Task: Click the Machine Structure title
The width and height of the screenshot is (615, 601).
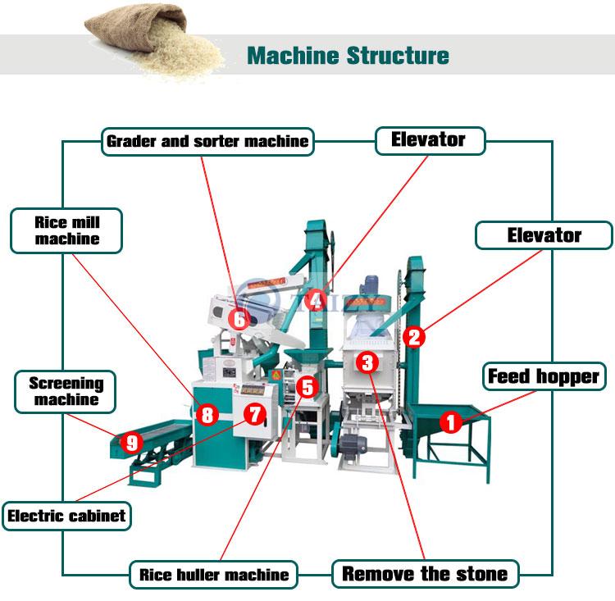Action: pos(348,56)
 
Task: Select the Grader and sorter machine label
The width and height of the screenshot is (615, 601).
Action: pos(207,141)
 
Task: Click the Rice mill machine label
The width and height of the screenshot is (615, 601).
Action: pos(67,230)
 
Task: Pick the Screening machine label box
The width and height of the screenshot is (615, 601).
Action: pos(66,391)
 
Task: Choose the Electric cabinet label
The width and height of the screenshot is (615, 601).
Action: pos(66,516)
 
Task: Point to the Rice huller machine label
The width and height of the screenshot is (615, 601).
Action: pos(213,574)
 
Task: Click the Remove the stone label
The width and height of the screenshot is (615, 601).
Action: pos(425,573)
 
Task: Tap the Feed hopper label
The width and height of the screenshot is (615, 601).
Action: pos(544,376)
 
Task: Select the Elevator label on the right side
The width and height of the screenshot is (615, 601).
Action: pos(544,235)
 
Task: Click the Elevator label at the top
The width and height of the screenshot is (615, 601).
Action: pos(428,140)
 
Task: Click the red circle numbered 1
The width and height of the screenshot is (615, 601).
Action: pos(450,422)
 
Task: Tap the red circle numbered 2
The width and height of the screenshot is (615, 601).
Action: pos(414,335)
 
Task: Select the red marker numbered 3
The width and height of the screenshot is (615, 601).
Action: pos(367,361)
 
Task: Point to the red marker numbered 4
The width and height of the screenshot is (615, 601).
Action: pos(316,300)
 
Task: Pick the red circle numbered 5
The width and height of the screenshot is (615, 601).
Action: pos(307,386)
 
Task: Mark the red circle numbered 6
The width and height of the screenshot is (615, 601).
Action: pos(239,318)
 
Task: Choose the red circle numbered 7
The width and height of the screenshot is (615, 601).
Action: pos(255,415)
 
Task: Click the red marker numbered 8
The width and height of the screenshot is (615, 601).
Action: pos(207,415)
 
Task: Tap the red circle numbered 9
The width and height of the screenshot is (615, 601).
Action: pos(131,443)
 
